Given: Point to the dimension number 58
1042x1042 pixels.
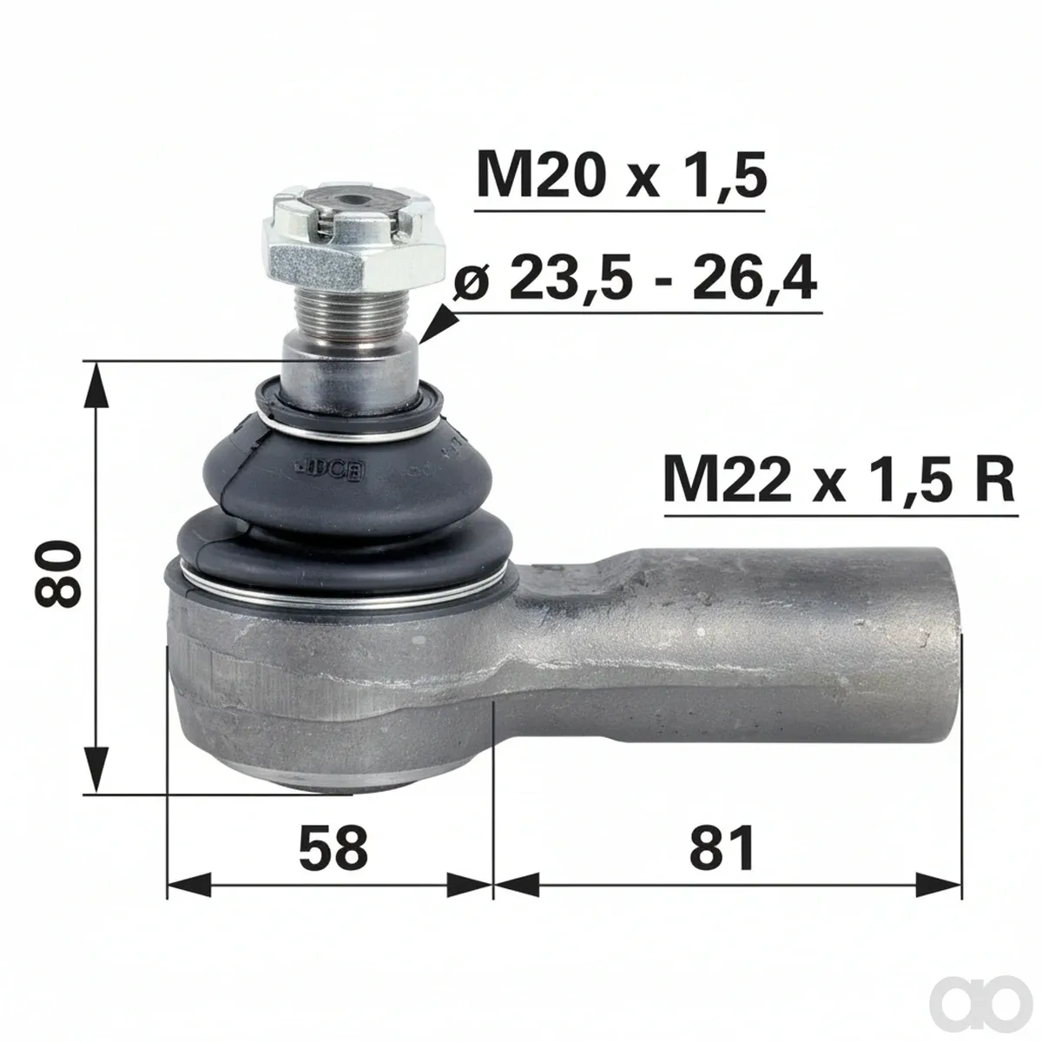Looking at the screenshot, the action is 333,847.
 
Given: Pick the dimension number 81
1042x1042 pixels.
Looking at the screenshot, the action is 722,847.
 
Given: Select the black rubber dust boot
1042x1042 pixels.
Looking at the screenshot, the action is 340,498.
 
